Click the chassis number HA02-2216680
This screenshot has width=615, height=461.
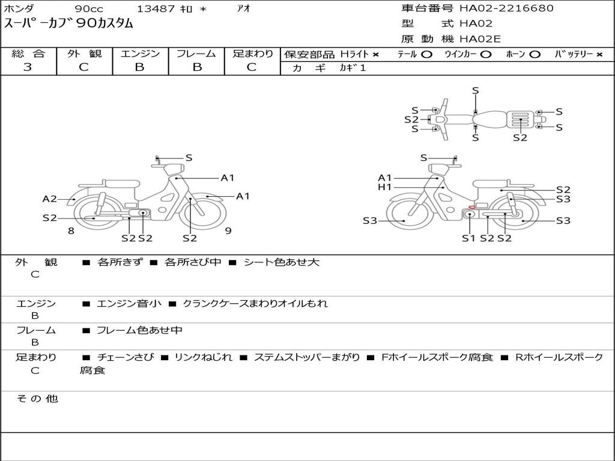[x=506, y=8]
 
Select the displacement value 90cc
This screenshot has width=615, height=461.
[x=89, y=8]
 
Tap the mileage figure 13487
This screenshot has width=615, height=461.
[x=156, y=8]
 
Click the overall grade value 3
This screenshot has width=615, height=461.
[x=28, y=67]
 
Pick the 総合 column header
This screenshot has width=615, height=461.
[x=28, y=53]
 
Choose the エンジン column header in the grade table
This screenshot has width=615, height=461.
[x=140, y=53]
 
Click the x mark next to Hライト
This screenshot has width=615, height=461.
[x=376, y=55]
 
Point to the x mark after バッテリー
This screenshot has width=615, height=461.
[x=599, y=55]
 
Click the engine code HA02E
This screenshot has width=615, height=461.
[x=480, y=39]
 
